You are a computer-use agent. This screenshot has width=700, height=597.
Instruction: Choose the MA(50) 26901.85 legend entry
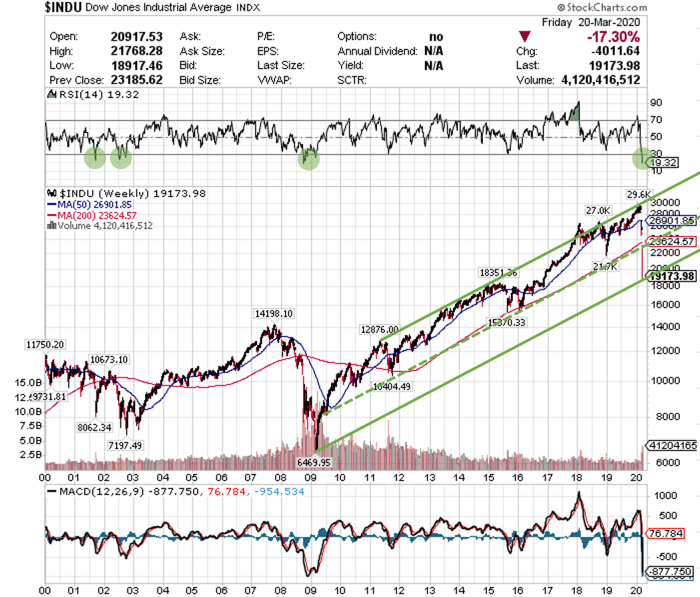(95, 205)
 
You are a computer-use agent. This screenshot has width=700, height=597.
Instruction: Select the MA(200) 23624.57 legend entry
(97, 215)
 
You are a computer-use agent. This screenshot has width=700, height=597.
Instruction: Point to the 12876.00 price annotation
(380, 329)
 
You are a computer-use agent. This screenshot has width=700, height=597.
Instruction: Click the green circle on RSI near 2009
(308, 159)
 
